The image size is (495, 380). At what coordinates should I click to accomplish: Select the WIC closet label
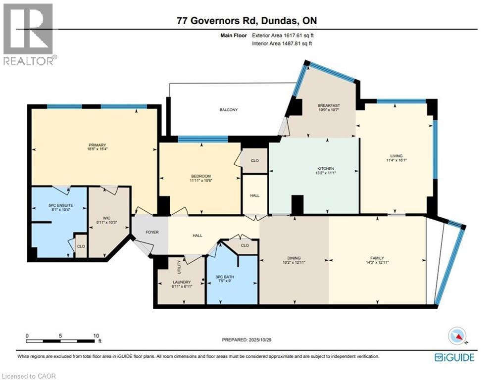click(x=106, y=217)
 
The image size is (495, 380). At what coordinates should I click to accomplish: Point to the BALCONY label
click(x=229, y=110)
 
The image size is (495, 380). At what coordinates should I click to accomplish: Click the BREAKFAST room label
click(x=329, y=105)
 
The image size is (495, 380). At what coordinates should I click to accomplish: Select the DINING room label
click(x=294, y=258)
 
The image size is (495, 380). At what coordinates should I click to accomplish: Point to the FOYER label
click(x=151, y=232)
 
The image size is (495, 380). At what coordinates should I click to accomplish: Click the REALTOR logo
click(x=28, y=34)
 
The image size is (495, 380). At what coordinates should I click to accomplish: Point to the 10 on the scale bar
click(x=95, y=335)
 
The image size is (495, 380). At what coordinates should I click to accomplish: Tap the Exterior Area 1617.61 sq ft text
click(x=283, y=36)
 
